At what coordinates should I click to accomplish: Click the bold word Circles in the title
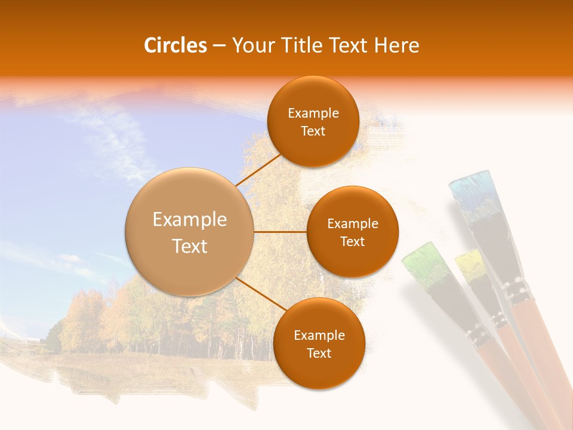point(175,45)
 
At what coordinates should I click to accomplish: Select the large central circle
point(190,232)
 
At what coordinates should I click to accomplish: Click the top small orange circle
point(313,122)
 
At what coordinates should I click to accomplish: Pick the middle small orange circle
point(352,232)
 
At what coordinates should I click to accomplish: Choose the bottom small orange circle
point(319,343)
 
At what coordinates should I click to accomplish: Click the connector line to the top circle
point(258,170)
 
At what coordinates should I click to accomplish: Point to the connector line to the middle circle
point(281,232)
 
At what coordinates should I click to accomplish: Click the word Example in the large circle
point(190,220)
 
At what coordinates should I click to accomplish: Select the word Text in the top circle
point(313,131)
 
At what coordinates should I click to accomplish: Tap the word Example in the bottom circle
point(319,335)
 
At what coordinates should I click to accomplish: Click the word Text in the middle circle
point(352,241)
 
